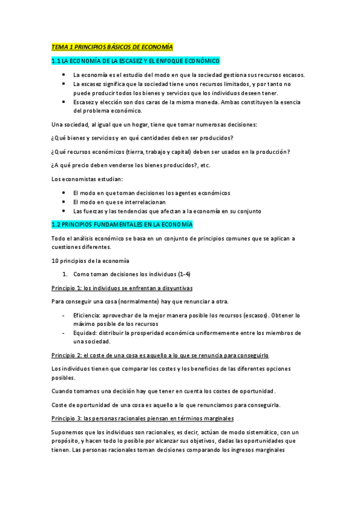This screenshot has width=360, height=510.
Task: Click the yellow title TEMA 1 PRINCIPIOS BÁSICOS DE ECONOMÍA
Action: pos(112,46)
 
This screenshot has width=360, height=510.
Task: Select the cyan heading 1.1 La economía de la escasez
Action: pos(136,61)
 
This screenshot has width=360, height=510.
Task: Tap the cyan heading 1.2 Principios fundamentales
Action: pos(122,224)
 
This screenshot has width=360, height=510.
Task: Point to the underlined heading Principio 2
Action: pos(160,355)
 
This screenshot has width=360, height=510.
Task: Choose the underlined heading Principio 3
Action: pos(142,418)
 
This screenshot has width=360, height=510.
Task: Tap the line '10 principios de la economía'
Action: pos(90,260)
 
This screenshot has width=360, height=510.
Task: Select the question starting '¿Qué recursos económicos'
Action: pos(171,152)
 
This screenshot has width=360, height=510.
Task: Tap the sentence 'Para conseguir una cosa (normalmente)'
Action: pos(139,301)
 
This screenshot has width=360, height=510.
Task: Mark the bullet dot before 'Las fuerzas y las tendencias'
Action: pos(64,211)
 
